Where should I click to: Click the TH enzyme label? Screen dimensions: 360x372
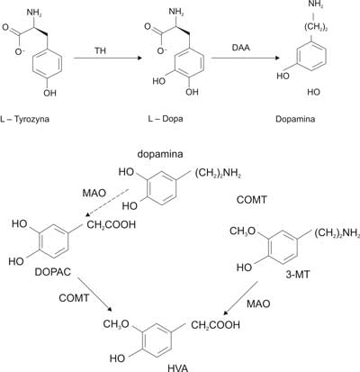point(101,50)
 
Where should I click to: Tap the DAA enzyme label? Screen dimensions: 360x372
point(241,47)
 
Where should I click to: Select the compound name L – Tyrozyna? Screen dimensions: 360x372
point(24,119)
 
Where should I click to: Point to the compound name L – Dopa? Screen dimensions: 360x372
point(166,119)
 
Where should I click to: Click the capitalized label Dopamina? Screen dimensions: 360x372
point(295,119)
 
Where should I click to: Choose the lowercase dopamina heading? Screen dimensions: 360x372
point(160,154)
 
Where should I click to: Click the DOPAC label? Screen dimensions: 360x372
point(53,272)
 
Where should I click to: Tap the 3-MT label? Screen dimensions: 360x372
point(297,275)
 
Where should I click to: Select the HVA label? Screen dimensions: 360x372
point(178,367)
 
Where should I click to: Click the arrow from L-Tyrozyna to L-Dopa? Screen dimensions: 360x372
point(107,58)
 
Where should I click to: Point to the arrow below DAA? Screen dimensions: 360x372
point(246,58)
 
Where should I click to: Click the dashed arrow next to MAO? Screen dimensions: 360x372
point(107,203)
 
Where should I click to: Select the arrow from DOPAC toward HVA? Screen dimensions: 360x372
point(95,295)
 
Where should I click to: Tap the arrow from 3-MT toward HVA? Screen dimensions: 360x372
point(241,298)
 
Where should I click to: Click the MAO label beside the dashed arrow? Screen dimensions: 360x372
point(94,193)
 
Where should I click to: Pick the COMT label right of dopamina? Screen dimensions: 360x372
point(251,200)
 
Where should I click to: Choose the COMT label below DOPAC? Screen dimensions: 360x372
point(74,298)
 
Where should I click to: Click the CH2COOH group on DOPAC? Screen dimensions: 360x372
point(112,224)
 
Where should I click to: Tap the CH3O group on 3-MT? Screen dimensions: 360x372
point(242,231)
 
